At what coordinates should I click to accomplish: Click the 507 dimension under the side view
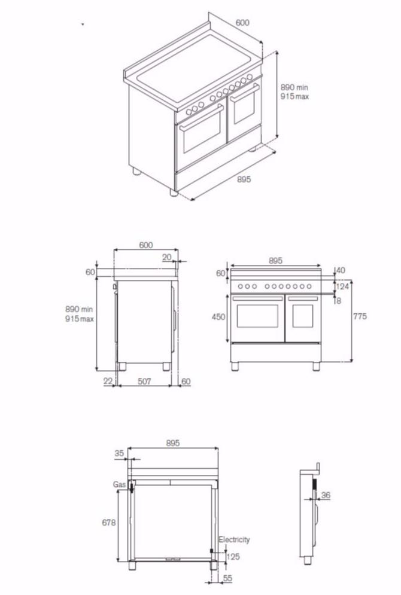point(144,381)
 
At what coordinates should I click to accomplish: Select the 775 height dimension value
point(360,316)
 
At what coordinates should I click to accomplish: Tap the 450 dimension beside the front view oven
point(219,316)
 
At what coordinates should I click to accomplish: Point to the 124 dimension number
point(342,287)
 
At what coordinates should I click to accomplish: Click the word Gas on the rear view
point(118,484)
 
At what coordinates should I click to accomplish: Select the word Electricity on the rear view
point(233,540)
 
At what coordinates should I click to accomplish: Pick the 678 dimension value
point(108,522)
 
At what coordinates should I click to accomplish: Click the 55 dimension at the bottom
point(228,579)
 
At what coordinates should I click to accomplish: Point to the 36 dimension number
point(326,495)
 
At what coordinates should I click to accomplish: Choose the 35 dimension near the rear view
point(119,453)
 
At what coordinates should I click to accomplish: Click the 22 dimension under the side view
point(107,381)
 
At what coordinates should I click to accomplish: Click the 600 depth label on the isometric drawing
point(242,23)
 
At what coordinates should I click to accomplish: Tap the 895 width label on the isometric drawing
point(243,179)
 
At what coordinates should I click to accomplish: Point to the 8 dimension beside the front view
point(339,301)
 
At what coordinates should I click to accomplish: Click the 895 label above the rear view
point(172,443)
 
